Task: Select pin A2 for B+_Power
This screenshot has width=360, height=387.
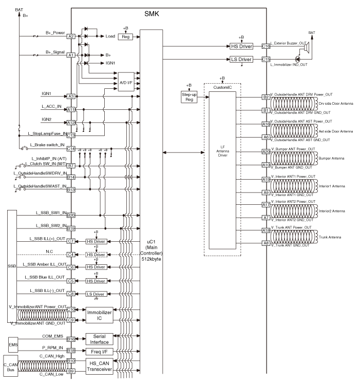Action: (71, 36)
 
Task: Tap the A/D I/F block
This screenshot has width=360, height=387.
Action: (126, 82)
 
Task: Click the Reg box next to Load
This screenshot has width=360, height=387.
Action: (126, 36)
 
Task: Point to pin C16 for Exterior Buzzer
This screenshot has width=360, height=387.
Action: (266, 46)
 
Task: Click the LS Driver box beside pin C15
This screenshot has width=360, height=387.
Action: (241, 60)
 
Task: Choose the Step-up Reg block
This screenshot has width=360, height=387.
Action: (190, 95)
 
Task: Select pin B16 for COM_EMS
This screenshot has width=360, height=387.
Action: (71, 339)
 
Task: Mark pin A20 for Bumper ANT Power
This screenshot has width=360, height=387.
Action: (266, 151)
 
